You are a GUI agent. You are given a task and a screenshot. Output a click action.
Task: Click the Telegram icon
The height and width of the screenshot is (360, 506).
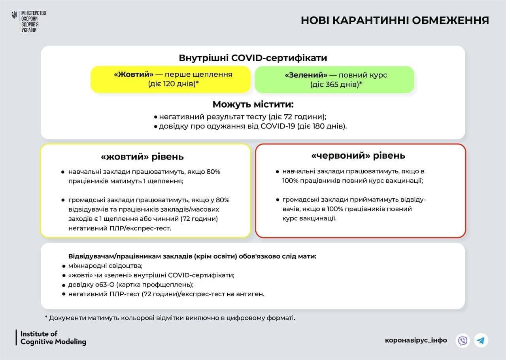[x=481, y=340]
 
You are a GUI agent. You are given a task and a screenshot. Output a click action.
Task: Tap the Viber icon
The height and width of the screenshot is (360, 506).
[x=463, y=340]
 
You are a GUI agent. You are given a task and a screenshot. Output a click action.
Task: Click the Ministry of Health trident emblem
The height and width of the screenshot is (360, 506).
[x=14, y=16]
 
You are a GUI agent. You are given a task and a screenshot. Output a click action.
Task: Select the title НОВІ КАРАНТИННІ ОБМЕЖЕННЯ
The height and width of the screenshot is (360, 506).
[x=395, y=20]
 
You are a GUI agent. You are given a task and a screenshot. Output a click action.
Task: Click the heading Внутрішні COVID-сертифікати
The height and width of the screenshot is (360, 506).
[x=253, y=58]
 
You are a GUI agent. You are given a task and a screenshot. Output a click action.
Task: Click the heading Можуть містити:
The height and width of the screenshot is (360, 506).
[x=253, y=104]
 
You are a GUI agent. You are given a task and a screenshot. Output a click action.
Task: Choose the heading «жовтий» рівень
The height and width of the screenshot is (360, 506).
[x=142, y=157]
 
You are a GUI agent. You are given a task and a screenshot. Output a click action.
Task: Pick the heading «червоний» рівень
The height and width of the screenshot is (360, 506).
[x=358, y=155]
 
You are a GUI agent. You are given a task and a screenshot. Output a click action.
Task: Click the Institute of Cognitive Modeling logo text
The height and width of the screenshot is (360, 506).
[x=53, y=337]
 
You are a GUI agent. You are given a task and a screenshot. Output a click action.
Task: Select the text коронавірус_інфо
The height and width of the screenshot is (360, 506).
[x=416, y=340]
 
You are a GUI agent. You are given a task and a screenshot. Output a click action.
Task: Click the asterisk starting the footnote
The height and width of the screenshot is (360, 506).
[x=46, y=317]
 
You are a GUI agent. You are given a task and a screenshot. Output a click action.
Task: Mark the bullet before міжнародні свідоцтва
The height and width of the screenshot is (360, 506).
[x=64, y=266]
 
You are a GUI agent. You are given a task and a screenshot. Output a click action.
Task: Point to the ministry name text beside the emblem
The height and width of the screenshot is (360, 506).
[x=33, y=21]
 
